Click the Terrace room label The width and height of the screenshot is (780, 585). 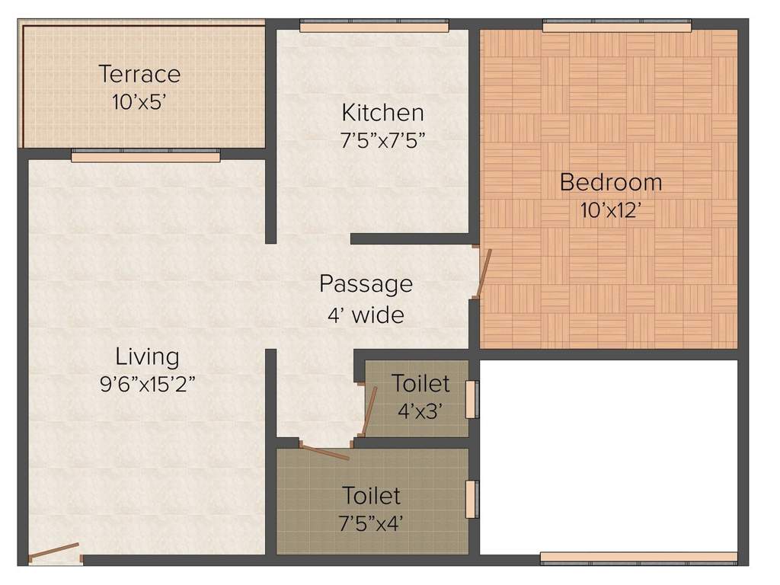139,74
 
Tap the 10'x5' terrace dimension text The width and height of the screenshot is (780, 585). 139,101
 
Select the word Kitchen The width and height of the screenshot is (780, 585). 382,113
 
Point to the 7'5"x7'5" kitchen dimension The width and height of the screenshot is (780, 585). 382,140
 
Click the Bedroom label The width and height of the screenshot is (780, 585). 610,182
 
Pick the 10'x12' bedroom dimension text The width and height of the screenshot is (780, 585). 610,210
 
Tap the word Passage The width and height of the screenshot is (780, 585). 366,283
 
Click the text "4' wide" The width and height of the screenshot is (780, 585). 366,314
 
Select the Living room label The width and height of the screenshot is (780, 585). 147,356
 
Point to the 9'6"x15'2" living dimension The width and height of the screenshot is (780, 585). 147,384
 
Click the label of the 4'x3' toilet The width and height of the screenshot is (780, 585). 420,383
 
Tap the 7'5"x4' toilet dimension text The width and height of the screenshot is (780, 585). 372,524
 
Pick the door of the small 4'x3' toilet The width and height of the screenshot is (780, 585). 369,411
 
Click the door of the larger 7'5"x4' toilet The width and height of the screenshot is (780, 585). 324,452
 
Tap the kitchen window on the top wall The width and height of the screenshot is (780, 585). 374,27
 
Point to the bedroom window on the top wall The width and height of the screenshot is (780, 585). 616,27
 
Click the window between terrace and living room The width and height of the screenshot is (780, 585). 145,156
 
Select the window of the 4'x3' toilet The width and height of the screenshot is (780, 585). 471,399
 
